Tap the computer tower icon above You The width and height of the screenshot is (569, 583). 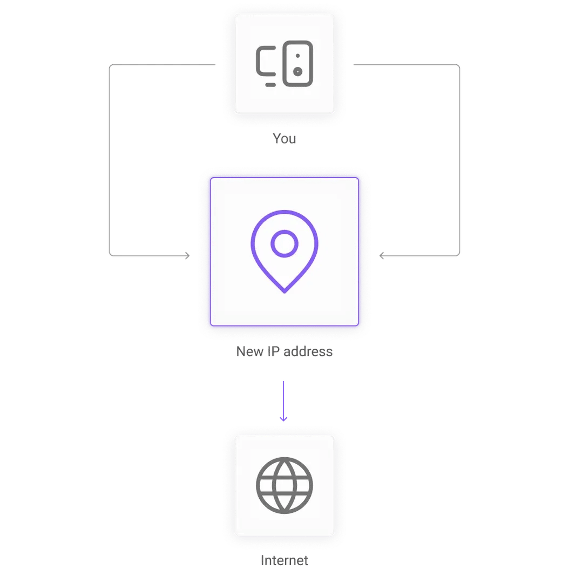coord(297,63)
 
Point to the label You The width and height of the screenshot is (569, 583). coord(284,139)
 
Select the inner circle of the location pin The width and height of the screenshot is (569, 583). coord(284,243)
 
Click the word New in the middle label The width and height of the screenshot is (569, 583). coord(249,352)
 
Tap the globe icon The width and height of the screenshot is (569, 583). coord(284,485)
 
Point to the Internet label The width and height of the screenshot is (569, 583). coord(284,560)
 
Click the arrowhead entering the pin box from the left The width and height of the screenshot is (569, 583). coord(187,255)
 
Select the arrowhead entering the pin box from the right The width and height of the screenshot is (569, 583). coord(382,256)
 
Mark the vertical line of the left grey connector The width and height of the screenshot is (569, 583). coord(109,162)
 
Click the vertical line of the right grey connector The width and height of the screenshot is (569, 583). coord(460,162)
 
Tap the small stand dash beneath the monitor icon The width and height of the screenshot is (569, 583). coord(270,85)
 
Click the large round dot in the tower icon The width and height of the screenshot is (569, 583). coord(297,71)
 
